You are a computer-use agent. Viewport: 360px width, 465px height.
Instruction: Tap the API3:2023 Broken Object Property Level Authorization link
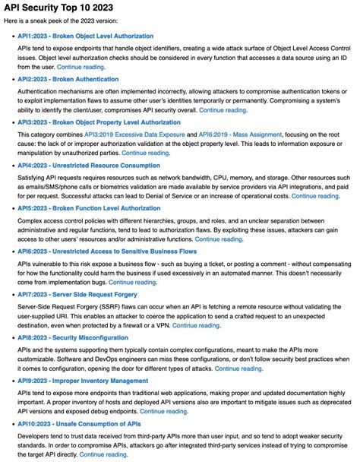99,122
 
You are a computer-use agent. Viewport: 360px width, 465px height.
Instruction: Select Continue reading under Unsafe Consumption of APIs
103,454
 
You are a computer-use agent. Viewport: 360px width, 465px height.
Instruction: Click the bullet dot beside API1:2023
9,36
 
